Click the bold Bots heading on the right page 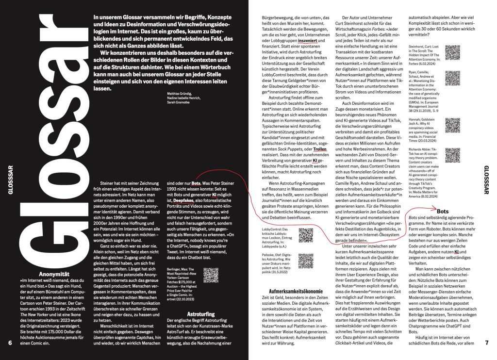pyautogui.click(x=443, y=212)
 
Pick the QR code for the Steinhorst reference pyautogui.click(x=452, y=52)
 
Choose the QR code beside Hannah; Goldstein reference pyautogui.click(x=452, y=125)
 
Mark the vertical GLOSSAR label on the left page pyautogui.click(x=9, y=179)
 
